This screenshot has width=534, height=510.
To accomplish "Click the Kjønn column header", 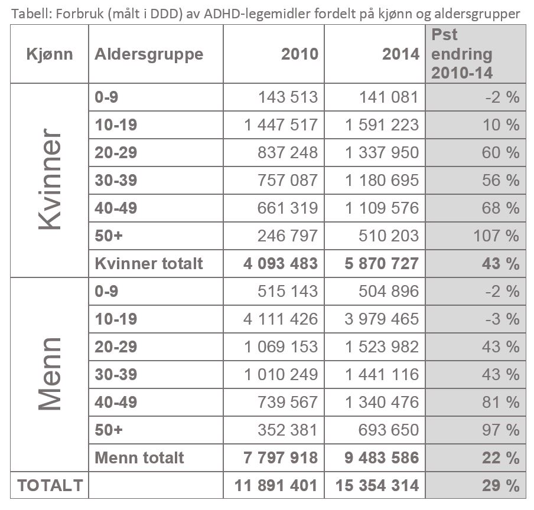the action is tap(50, 54).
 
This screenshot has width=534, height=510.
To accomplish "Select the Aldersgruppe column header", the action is tap(149, 54).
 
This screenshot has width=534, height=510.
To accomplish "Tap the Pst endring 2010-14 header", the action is tap(462, 54).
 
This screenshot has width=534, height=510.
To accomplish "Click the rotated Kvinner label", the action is tap(50, 179).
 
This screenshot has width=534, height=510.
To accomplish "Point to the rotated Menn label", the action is tap(50, 374).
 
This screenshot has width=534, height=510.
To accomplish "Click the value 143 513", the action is tap(288, 97).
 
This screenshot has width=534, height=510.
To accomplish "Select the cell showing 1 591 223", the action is tap(382, 125).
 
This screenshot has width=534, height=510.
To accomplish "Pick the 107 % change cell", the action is tap(496, 236).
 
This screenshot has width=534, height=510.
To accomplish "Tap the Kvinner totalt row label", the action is tap(149, 263).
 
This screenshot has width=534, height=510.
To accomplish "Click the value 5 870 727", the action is tap(382, 263).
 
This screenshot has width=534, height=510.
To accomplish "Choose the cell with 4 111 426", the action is tap(281, 319).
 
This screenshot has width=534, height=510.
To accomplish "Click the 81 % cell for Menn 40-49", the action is tap(501, 402).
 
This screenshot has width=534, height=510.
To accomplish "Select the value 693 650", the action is tap(389, 430).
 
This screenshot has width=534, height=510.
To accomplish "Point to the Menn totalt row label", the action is tap(139, 457).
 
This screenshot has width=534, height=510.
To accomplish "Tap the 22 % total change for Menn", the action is tap(501, 457).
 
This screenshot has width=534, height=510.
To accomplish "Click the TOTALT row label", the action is tap(50, 485).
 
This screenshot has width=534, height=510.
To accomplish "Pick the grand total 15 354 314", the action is tap(377, 485).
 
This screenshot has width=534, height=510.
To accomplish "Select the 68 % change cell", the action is tap(501, 208).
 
